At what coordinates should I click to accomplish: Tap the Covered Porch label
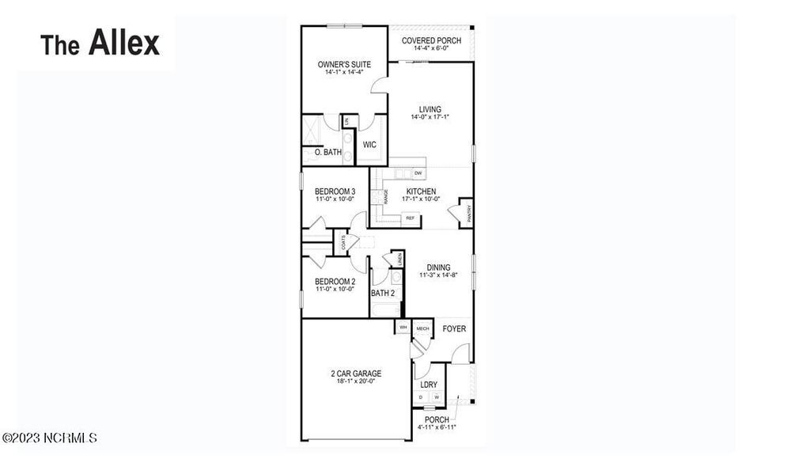click(x=431, y=40)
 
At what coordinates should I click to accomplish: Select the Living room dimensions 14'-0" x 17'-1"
click(x=430, y=118)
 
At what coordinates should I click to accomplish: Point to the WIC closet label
click(x=369, y=145)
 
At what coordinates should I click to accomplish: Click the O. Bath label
click(x=327, y=152)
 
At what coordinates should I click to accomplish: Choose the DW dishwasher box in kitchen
click(x=418, y=173)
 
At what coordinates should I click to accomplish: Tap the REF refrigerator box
click(x=411, y=217)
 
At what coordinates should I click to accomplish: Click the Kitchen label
click(x=421, y=192)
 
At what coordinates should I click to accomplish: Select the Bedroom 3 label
click(x=335, y=192)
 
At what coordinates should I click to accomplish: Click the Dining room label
click(x=438, y=267)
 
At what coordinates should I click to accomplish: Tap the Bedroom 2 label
click(x=335, y=281)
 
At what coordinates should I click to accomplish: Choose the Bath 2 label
click(x=383, y=294)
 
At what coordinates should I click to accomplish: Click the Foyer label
click(x=454, y=328)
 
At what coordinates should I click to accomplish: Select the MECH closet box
click(x=422, y=328)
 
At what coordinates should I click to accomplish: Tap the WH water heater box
click(x=403, y=328)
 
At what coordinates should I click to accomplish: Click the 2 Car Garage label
click(x=356, y=373)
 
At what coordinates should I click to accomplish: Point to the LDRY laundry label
click(x=429, y=385)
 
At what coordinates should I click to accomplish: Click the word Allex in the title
click(x=124, y=43)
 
